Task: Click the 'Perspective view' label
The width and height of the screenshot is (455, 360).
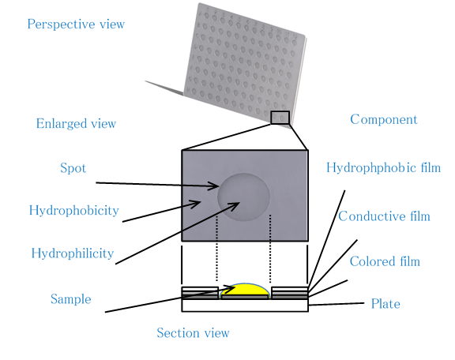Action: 76,24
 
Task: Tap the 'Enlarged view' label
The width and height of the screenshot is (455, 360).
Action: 76,124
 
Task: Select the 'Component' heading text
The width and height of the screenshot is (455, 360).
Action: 384,119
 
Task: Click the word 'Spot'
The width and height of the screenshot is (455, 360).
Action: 73,168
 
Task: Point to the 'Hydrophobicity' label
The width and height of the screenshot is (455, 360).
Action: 74,210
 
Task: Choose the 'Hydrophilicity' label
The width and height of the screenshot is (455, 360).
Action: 73,253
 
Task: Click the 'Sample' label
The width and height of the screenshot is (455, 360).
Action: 71,299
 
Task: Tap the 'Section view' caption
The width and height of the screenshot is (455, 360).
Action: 193,332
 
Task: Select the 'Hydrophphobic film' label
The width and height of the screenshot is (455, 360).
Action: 384,168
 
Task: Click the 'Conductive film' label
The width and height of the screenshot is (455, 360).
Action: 384,216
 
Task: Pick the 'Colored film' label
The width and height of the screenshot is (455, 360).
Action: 385,261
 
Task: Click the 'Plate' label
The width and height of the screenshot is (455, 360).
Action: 385,304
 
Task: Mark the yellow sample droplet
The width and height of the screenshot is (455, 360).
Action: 245,290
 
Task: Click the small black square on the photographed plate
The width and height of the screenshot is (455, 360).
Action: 280,118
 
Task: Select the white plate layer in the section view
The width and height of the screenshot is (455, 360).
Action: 245,306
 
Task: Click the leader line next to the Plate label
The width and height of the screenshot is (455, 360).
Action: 337,304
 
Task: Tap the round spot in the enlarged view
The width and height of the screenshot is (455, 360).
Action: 244,197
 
